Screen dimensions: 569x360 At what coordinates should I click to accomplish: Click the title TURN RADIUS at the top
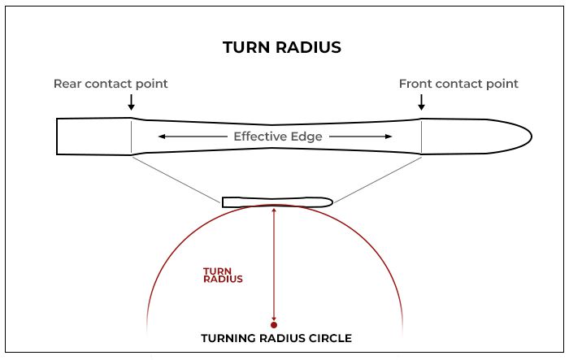(282, 47)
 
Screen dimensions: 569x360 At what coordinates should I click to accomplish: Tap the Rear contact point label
(111, 84)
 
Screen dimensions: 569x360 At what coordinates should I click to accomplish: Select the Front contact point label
(458, 84)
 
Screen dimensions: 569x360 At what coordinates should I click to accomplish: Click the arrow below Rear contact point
(132, 102)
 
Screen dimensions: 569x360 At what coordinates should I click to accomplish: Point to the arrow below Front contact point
(421, 102)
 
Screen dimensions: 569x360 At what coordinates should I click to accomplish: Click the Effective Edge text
(278, 137)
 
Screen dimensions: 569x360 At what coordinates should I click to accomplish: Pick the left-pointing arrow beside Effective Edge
(193, 137)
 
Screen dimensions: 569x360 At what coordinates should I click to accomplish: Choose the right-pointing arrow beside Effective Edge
(360, 137)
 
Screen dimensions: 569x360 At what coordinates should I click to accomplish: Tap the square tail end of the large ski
(57, 137)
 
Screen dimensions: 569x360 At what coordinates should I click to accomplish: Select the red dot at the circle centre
(274, 325)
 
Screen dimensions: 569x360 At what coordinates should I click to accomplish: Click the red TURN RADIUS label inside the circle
(223, 275)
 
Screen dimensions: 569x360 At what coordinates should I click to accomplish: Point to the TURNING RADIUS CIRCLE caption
(276, 338)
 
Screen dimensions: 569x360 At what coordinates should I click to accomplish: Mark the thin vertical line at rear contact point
(132, 137)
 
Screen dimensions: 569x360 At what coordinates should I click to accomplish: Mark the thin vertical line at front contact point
(421, 137)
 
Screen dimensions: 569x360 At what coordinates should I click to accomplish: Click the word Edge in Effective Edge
(307, 137)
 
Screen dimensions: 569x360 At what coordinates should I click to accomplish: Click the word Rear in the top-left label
(67, 84)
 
